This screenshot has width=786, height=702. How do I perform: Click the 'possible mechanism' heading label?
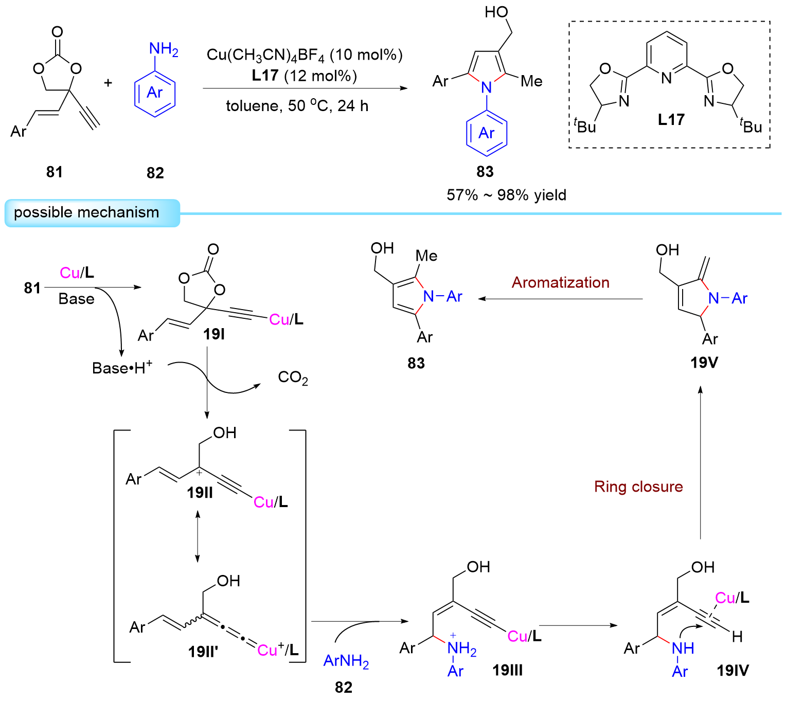tap(86, 212)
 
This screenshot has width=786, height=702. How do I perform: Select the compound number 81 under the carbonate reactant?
tap(55, 171)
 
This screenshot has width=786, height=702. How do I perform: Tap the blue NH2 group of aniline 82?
tap(163, 50)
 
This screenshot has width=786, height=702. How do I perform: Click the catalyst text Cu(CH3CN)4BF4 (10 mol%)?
tap(305, 55)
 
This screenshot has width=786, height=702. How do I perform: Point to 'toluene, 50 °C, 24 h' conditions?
tap(297, 106)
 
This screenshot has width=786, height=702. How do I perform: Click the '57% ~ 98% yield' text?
tap(506, 195)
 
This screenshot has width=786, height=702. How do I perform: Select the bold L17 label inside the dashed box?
tap(671, 120)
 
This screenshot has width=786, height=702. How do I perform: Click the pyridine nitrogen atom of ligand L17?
tap(667, 78)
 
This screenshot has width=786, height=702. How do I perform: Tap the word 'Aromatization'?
tap(560, 282)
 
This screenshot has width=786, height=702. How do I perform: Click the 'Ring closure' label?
tap(638, 487)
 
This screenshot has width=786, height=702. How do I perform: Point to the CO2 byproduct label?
tap(293, 378)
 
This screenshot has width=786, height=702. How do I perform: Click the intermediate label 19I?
tap(214, 334)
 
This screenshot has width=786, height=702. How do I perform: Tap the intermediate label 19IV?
tap(733, 670)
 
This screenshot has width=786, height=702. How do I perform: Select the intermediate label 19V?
tap(704, 363)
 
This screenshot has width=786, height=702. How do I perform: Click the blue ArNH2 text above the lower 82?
tap(346, 661)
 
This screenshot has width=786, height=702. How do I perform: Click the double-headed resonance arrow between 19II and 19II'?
tap(198, 536)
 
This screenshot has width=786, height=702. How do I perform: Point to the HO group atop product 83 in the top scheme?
tap(497, 12)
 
